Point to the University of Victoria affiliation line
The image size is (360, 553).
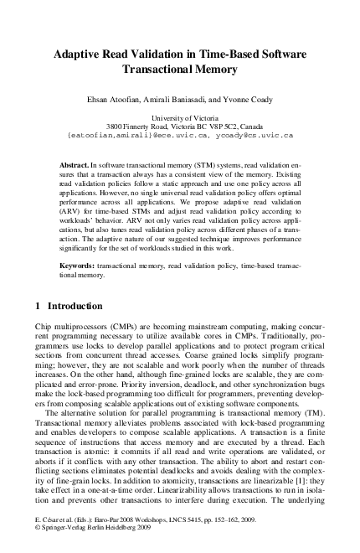(180, 119)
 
